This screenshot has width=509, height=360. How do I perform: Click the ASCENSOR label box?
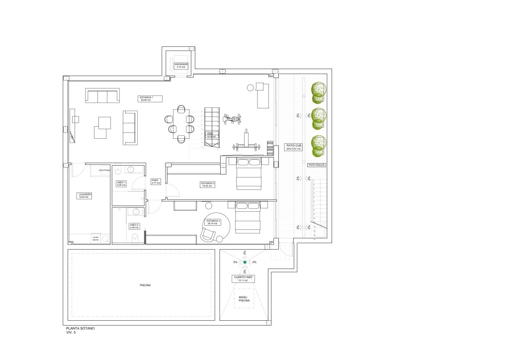[180, 65]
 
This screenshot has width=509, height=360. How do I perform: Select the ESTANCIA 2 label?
[208, 184]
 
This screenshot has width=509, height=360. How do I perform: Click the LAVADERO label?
[83, 195]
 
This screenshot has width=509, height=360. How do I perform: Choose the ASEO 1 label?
[121, 184]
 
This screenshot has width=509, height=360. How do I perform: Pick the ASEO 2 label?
[134, 226]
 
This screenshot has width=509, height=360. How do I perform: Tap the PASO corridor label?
[155, 182]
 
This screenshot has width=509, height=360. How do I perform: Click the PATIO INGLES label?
[316, 165]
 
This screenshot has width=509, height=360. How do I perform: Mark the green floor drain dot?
[245, 262]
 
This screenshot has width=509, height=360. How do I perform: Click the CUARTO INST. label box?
[244, 279]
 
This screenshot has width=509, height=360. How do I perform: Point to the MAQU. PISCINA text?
[244, 299]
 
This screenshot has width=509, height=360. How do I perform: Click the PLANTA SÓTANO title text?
[80, 329]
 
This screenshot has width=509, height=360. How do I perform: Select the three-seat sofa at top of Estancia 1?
[102, 95]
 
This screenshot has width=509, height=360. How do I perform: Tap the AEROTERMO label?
[104, 171]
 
